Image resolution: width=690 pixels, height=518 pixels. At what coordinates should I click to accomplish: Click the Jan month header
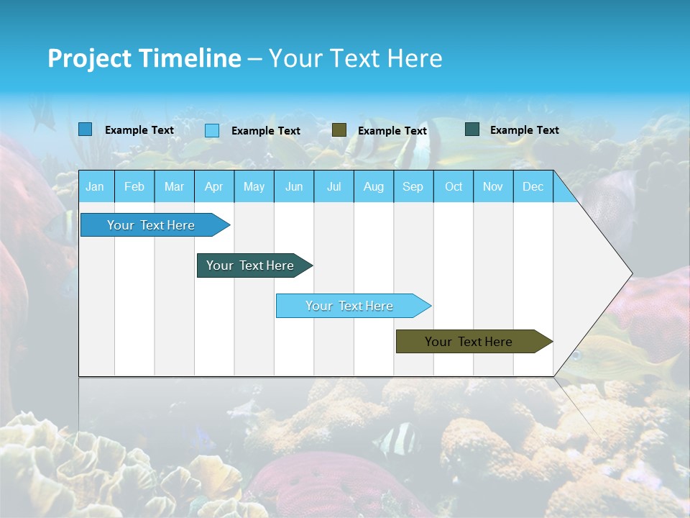[x=95, y=186]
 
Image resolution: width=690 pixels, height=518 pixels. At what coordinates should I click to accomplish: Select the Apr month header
[x=213, y=186]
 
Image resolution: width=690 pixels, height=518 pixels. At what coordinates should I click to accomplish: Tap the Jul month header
[x=333, y=186]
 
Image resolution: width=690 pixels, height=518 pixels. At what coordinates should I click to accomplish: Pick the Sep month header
[x=413, y=186]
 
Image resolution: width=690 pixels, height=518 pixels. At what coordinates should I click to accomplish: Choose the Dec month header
[x=533, y=186]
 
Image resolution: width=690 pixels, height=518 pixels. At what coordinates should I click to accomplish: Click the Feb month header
[x=134, y=186]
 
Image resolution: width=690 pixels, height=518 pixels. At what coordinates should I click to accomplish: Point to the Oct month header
[x=454, y=186]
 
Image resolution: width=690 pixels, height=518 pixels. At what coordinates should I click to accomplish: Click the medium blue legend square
[x=85, y=129]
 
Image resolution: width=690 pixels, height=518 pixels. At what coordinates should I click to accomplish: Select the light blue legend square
[x=212, y=130]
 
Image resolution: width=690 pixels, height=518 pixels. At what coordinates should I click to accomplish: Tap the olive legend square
[x=339, y=130]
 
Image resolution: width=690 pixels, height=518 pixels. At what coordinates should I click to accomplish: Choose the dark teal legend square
[x=472, y=129]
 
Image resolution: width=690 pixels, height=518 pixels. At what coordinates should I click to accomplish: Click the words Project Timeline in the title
[x=144, y=58]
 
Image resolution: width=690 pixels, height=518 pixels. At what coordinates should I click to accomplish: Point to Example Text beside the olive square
[x=392, y=131]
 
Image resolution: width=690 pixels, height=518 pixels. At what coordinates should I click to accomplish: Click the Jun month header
[x=294, y=186]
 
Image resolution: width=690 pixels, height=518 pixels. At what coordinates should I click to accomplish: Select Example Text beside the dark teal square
[x=525, y=130]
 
